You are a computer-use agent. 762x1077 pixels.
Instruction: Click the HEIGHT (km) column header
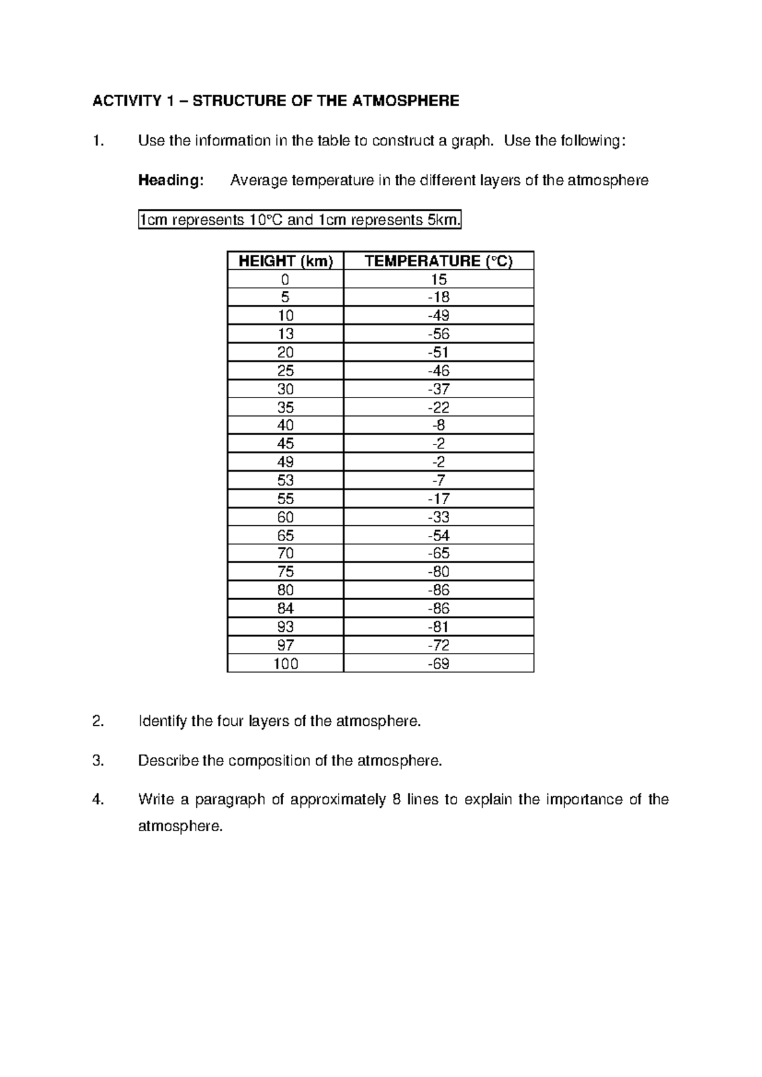coord(285,261)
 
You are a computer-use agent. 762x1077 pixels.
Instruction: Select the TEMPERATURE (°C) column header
coord(438,261)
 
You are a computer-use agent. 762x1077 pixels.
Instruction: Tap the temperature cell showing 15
coord(438,279)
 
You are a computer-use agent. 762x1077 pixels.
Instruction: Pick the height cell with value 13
coord(285,334)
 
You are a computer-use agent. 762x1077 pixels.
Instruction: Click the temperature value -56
coord(438,334)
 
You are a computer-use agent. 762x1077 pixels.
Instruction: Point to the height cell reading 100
coord(285,664)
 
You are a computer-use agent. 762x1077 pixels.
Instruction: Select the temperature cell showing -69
coord(438,664)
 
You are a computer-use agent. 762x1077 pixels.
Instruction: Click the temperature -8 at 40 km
coord(438,425)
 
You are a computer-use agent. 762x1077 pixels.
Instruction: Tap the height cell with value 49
coord(285,462)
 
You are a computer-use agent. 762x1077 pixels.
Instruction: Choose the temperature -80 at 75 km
coord(438,572)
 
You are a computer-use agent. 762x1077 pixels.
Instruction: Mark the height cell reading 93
coord(285,627)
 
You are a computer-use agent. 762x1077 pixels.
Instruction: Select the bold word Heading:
coord(171,180)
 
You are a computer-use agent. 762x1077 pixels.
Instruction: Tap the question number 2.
coord(97,721)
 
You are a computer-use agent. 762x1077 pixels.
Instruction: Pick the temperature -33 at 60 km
coord(438,517)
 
